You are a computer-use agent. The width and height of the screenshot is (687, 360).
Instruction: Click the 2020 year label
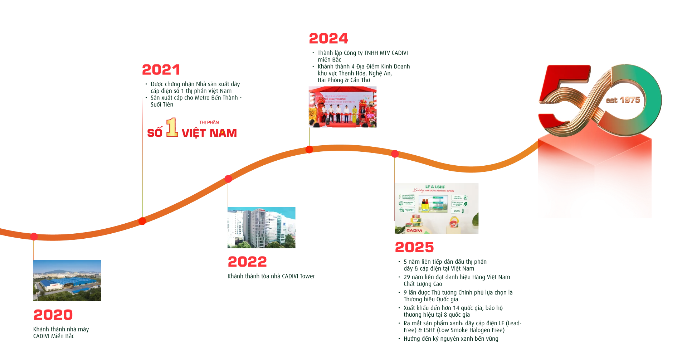[53, 315]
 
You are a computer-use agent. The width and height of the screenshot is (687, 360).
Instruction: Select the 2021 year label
[161, 70]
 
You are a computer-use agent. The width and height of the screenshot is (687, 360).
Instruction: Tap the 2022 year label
[248, 262]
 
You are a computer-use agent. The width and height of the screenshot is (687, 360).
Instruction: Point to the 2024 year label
[328, 39]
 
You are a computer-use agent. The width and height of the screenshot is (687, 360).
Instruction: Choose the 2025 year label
[414, 247]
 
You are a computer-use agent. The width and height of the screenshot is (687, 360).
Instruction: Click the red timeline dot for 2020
[34, 236]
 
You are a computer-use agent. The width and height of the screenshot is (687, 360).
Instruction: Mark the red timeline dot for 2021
[142, 221]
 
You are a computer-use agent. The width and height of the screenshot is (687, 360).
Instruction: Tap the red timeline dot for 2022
[228, 179]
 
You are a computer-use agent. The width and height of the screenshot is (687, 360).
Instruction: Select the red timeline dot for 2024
[310, 149]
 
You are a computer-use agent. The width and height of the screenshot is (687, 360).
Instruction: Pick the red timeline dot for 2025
[395, 154]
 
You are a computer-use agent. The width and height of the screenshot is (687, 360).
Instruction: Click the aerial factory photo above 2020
[67, 281]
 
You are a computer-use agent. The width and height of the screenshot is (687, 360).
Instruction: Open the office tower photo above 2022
[262, 228]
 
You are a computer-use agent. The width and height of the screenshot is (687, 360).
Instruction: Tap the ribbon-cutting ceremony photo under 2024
[342, 107]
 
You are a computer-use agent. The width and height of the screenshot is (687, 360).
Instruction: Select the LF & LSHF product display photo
[437, 208]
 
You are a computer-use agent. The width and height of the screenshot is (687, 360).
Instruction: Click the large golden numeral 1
[172, 127]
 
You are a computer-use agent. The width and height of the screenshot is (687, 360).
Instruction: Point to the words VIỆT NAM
[209, 133]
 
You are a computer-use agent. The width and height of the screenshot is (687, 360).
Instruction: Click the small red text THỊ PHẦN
[209, 122]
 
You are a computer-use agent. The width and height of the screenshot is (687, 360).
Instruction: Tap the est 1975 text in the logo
[623, 100]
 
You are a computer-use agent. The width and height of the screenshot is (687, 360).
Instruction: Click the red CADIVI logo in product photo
[414, 230]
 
